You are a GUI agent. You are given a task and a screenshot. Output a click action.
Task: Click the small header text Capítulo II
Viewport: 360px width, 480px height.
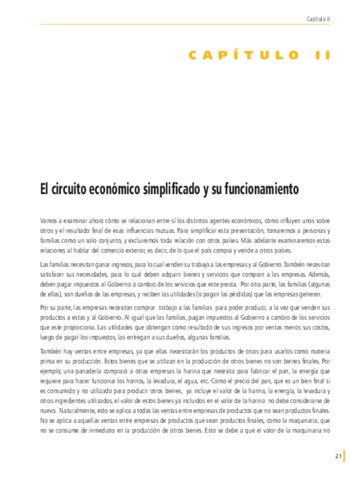click(318, 19)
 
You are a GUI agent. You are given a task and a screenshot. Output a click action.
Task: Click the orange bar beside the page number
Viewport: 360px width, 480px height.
click(344, 456)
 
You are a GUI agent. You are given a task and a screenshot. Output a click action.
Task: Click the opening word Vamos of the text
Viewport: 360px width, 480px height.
click(48, 220)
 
